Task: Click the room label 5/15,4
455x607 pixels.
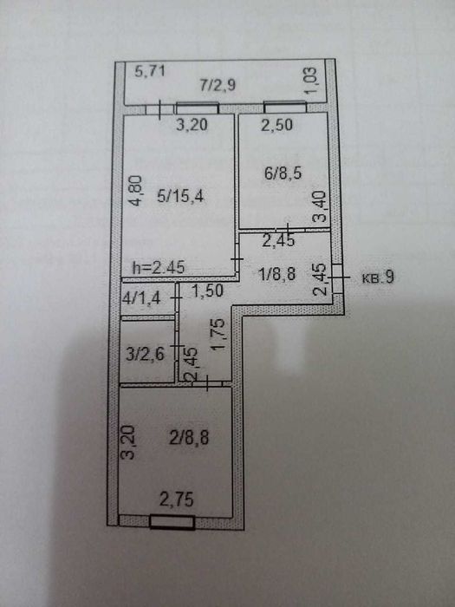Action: pos(180,196)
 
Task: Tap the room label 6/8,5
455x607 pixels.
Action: pos(283,173)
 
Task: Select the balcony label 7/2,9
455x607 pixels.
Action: pos(218,85)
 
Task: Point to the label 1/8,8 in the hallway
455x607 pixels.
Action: pos(276,275)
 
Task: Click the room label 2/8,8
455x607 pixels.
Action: pos(189,438)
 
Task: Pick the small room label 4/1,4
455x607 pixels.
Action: pos(141,298)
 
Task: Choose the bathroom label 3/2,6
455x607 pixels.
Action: pos(146,354)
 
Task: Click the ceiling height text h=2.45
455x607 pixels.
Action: pos(159,267)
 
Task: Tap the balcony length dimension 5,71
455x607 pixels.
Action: pos(150,71)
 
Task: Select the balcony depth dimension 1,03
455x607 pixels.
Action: pos(310,81)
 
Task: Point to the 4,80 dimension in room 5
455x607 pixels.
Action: pos(136,191)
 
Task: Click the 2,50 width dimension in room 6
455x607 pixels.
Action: pos(276,125)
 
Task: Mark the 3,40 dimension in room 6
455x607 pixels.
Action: pos(321,206)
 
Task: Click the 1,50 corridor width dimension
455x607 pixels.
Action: pos(208,290)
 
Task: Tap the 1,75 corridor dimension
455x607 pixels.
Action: pos(218,335)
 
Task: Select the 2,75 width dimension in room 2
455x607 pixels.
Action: pos(177,499)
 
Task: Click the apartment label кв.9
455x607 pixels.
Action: pos(378,277)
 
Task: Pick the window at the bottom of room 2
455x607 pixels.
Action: pos(172,522)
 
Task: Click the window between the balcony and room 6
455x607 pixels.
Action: pos(285,107)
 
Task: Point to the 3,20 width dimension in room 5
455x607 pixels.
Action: pos(192,125)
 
